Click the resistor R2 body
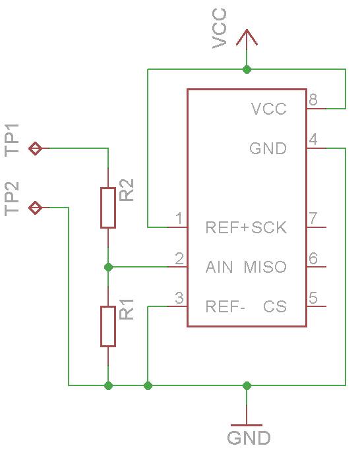(x=108, y=208)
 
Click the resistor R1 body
(x=108, y=326)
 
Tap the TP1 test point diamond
(x=36, y=148)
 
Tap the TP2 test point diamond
(x=36, y=208)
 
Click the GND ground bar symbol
(x=247, y=425)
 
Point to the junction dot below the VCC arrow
(x=247, y=69)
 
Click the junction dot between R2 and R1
(x=108, y=267)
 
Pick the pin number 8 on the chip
(x=313, y=99)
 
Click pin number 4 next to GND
(x=313, y=139)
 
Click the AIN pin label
(x=219, y=267)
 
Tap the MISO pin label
(x=265, y=267)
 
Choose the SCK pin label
(x=269, y=227)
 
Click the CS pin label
(x=275, y=306)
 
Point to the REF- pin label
(x=225, y=306)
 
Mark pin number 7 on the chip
(x=313, y=218)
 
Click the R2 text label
(x=127, y=190)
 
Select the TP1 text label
(x=12, y=140)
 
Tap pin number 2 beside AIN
(x=179, y=258)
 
